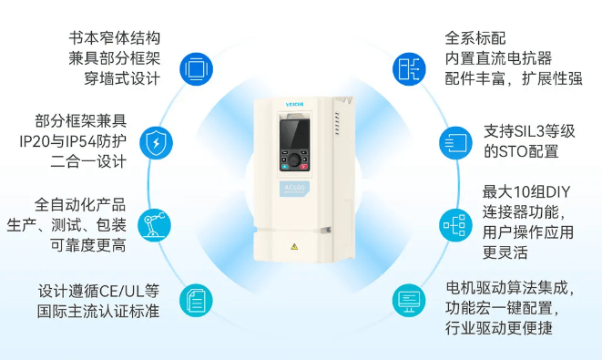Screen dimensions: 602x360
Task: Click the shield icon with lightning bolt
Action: click(x=156, y=143)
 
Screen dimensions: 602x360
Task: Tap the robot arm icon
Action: click(x=154, y=225)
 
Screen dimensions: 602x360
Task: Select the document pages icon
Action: click(x=196, y=300)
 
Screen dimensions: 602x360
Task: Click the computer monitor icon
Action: click(x=409, y=300)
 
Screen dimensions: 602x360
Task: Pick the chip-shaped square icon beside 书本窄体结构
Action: click(x=196, y=69)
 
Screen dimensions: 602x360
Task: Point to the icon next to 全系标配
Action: click(x=409, y=69)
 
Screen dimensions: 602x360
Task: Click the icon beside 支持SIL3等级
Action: click(x=455, y=143)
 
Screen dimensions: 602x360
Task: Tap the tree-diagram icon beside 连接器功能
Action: click(x=455, y=225)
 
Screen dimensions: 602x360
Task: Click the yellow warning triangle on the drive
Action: click(x=294, y=246)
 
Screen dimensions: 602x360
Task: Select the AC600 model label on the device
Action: click(x=294, y=189)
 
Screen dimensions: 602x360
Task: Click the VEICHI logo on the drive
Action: click(x=294, y=105)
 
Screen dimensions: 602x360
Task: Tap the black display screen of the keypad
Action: click(x=294, y=134)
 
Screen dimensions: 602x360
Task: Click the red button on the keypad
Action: click(x=303, y=167)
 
